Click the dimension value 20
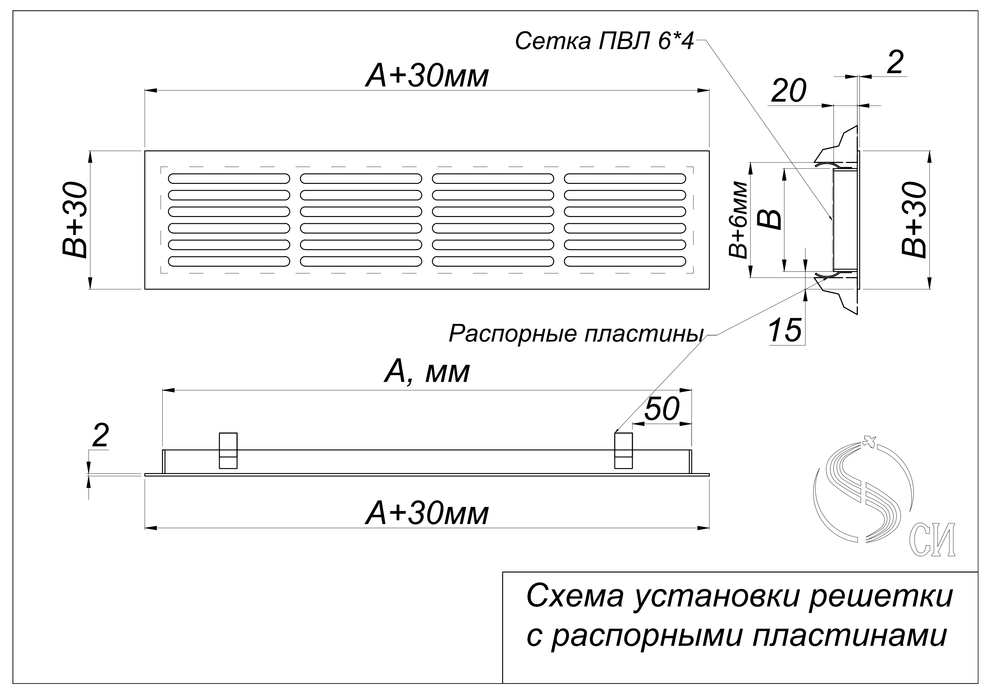[788, 91]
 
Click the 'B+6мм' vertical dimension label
[738, 220]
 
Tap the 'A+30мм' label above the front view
[427, 76]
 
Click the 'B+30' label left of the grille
[75, 220]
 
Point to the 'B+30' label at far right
[914, 220]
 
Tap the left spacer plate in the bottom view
[228, 451]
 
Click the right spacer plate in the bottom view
[623, 451]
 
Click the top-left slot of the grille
[229, 178]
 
